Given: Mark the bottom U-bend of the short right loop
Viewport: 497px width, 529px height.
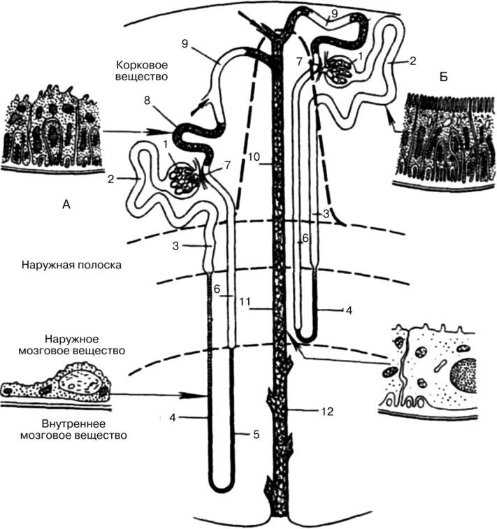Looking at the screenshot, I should tap(306, 329).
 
